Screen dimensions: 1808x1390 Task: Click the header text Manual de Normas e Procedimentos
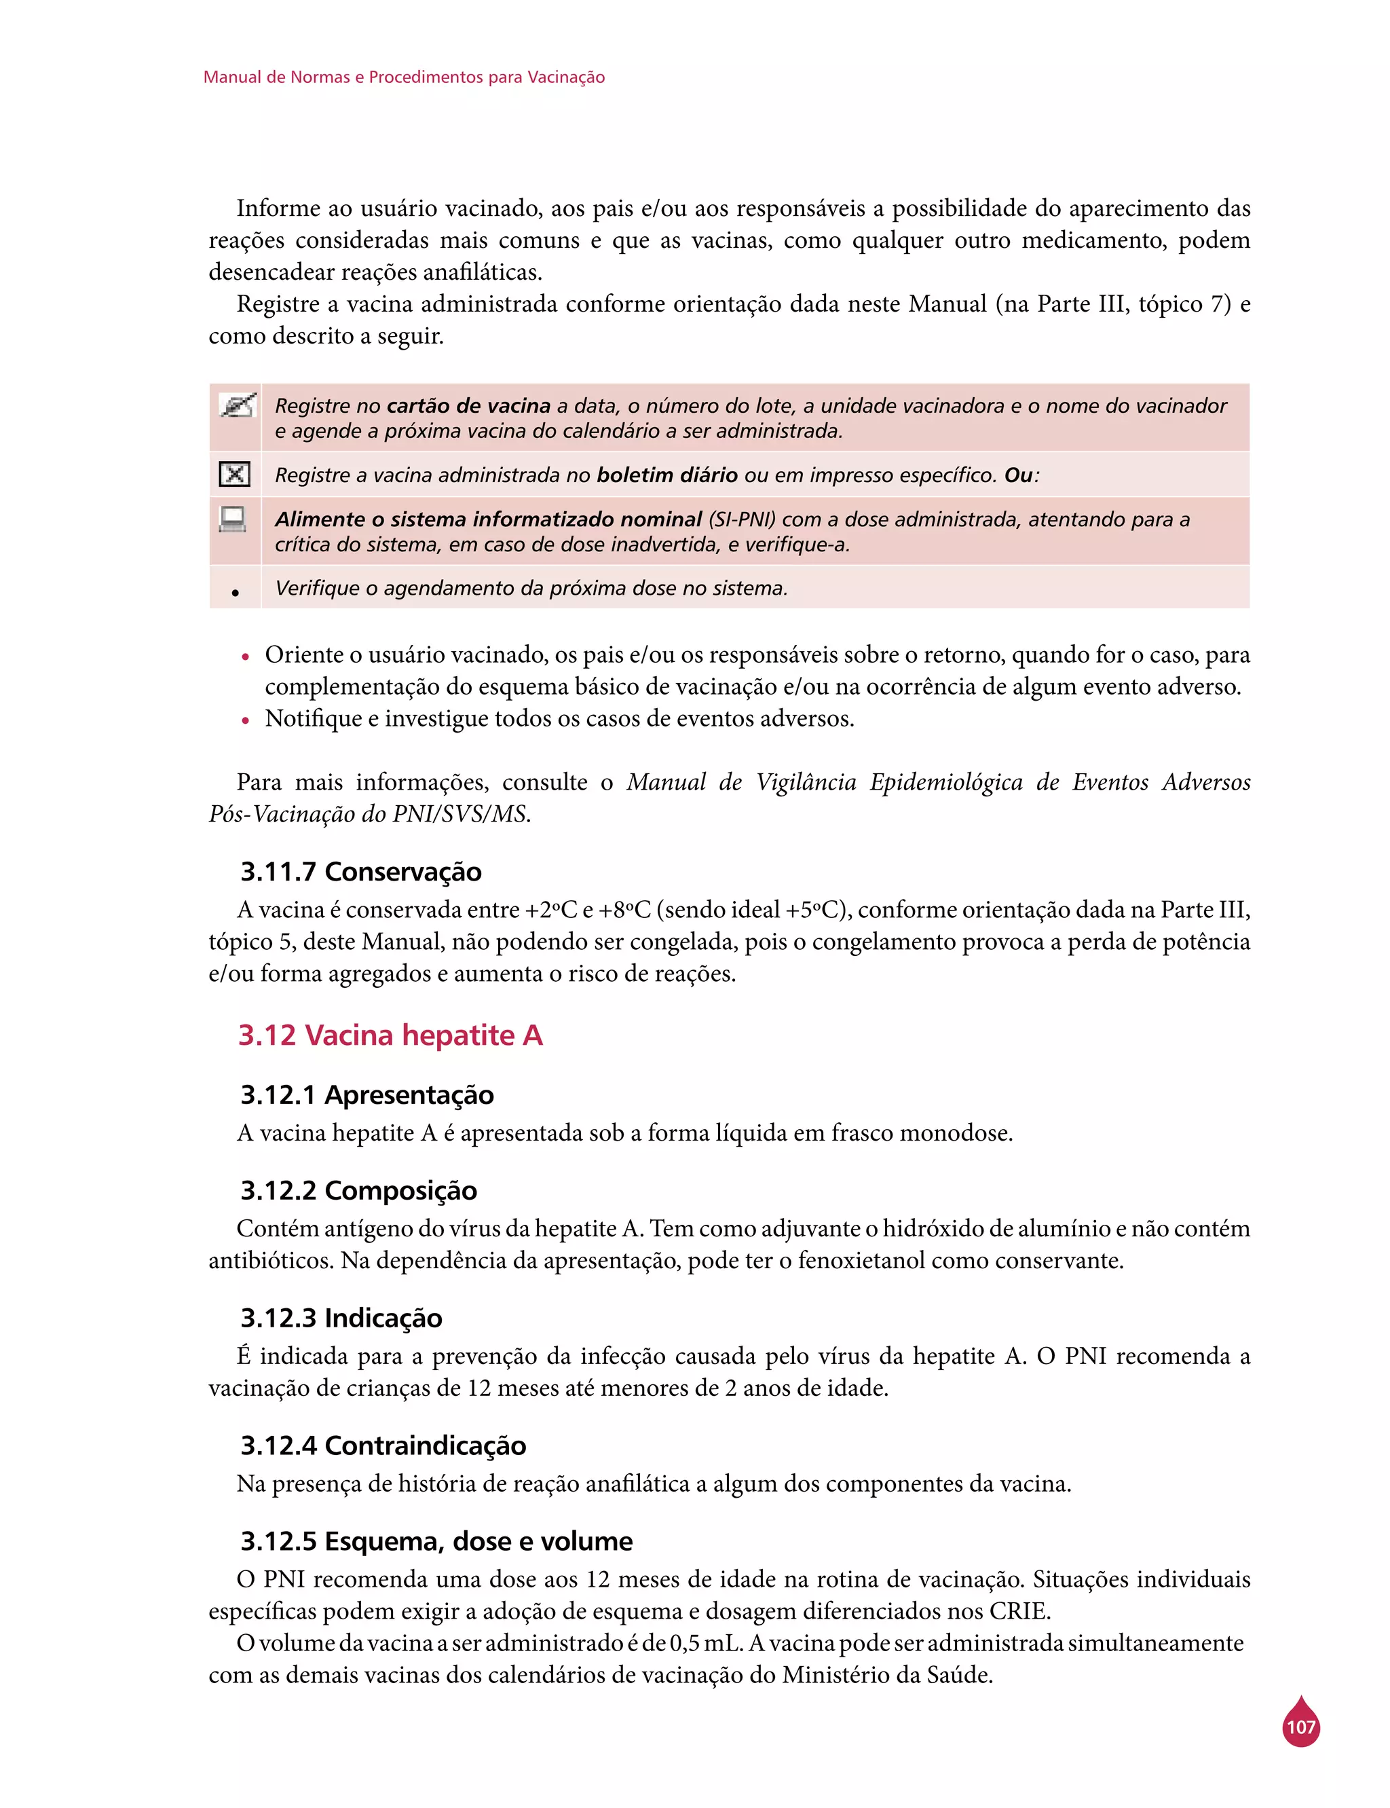pos(404,77)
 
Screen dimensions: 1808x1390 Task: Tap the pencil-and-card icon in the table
pos(237,405)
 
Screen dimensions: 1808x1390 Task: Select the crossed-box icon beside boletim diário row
pos(235,474)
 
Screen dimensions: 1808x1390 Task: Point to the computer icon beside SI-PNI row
pos(233,519)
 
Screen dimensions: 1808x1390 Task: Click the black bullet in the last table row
pos(236,593)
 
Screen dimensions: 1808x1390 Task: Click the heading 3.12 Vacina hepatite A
pos(390,1035)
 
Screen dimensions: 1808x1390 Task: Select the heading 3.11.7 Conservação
pos(361,871)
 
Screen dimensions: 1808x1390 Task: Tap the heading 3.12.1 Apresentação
pos(367,1094)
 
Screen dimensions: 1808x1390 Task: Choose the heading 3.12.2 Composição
pos(358,1190)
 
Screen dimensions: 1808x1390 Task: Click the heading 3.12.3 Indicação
pos(341,1317)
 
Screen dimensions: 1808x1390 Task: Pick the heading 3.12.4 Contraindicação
pos(383,1445)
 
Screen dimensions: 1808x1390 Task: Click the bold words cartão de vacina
pos(468,405)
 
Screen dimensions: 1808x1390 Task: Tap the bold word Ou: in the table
pos(1021,475)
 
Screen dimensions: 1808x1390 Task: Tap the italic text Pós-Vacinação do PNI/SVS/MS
pos(369,814)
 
